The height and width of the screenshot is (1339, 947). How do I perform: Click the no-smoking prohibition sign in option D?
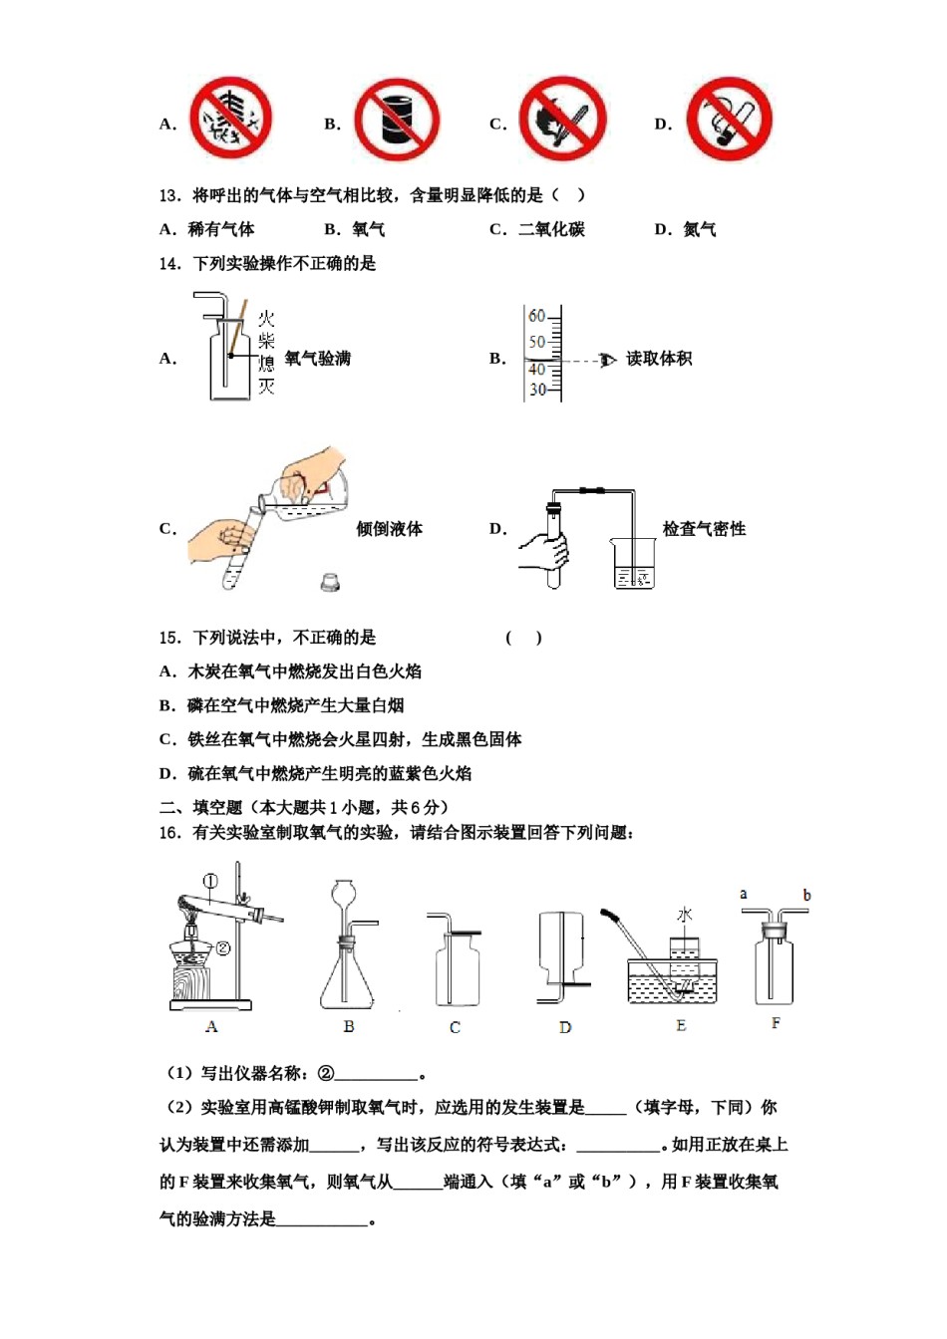tap(729, 120)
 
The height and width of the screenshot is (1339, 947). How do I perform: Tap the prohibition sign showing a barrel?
tap(397, 120)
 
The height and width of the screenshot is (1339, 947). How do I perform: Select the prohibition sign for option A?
tap(231, 119)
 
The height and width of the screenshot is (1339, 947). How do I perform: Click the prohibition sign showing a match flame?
tap(562, 120)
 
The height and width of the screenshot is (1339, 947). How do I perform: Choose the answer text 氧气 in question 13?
tap(369, 229)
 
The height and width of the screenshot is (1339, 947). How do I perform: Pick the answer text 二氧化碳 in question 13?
tap(551, 229)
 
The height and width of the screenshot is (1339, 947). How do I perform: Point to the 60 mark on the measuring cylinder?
tap(537, 316)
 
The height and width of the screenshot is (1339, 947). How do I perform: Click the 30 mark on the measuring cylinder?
tap(537, 390)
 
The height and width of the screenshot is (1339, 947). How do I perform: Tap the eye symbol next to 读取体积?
tap(607, 360)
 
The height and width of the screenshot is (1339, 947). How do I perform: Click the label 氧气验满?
tap(318, 359)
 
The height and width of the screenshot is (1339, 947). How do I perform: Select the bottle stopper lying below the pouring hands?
tap(330, 582)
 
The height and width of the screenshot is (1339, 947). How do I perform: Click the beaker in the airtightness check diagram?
tap(633, 564)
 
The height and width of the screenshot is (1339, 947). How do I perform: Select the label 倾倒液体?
tap(390, 529)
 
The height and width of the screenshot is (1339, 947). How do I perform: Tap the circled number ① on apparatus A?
tap(210, 881)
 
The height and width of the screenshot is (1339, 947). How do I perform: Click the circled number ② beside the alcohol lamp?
tap(223, 948)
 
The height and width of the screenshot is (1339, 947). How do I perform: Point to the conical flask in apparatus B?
tap(347, 976)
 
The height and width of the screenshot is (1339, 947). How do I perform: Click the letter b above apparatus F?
tap(806, 895)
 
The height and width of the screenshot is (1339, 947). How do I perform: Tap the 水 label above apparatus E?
tap(685, 915)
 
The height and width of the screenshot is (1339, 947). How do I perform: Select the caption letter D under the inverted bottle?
tap(565, 1027)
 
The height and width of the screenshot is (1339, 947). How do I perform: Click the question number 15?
tap(168, 638)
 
